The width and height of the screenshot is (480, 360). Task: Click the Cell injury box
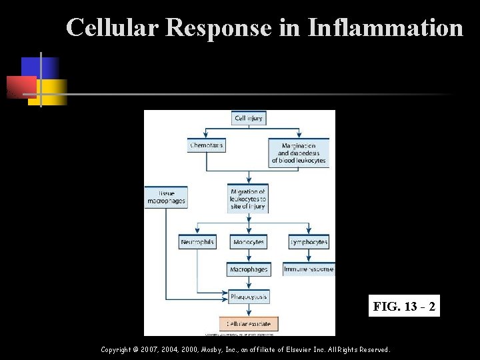point(249,119)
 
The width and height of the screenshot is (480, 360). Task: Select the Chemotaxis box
point(207,145)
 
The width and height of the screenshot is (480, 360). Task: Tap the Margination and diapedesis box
point(299,153)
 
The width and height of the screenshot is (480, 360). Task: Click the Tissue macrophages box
point(166,197)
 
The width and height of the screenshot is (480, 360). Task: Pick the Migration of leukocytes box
point(248,199)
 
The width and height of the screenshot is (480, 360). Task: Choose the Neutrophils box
point(197,242)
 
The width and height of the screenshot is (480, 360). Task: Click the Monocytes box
point(249,242)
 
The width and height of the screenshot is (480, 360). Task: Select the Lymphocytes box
point(309,242)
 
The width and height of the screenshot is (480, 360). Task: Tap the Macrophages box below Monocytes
point(249,269)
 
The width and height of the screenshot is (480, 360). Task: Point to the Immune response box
point(309,269)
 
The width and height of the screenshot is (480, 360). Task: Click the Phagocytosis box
point(249,296)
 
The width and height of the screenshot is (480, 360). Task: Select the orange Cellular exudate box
point(249,323)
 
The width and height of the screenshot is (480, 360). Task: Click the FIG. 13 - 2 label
point(405,307)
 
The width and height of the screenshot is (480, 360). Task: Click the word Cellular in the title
point(114,27)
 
